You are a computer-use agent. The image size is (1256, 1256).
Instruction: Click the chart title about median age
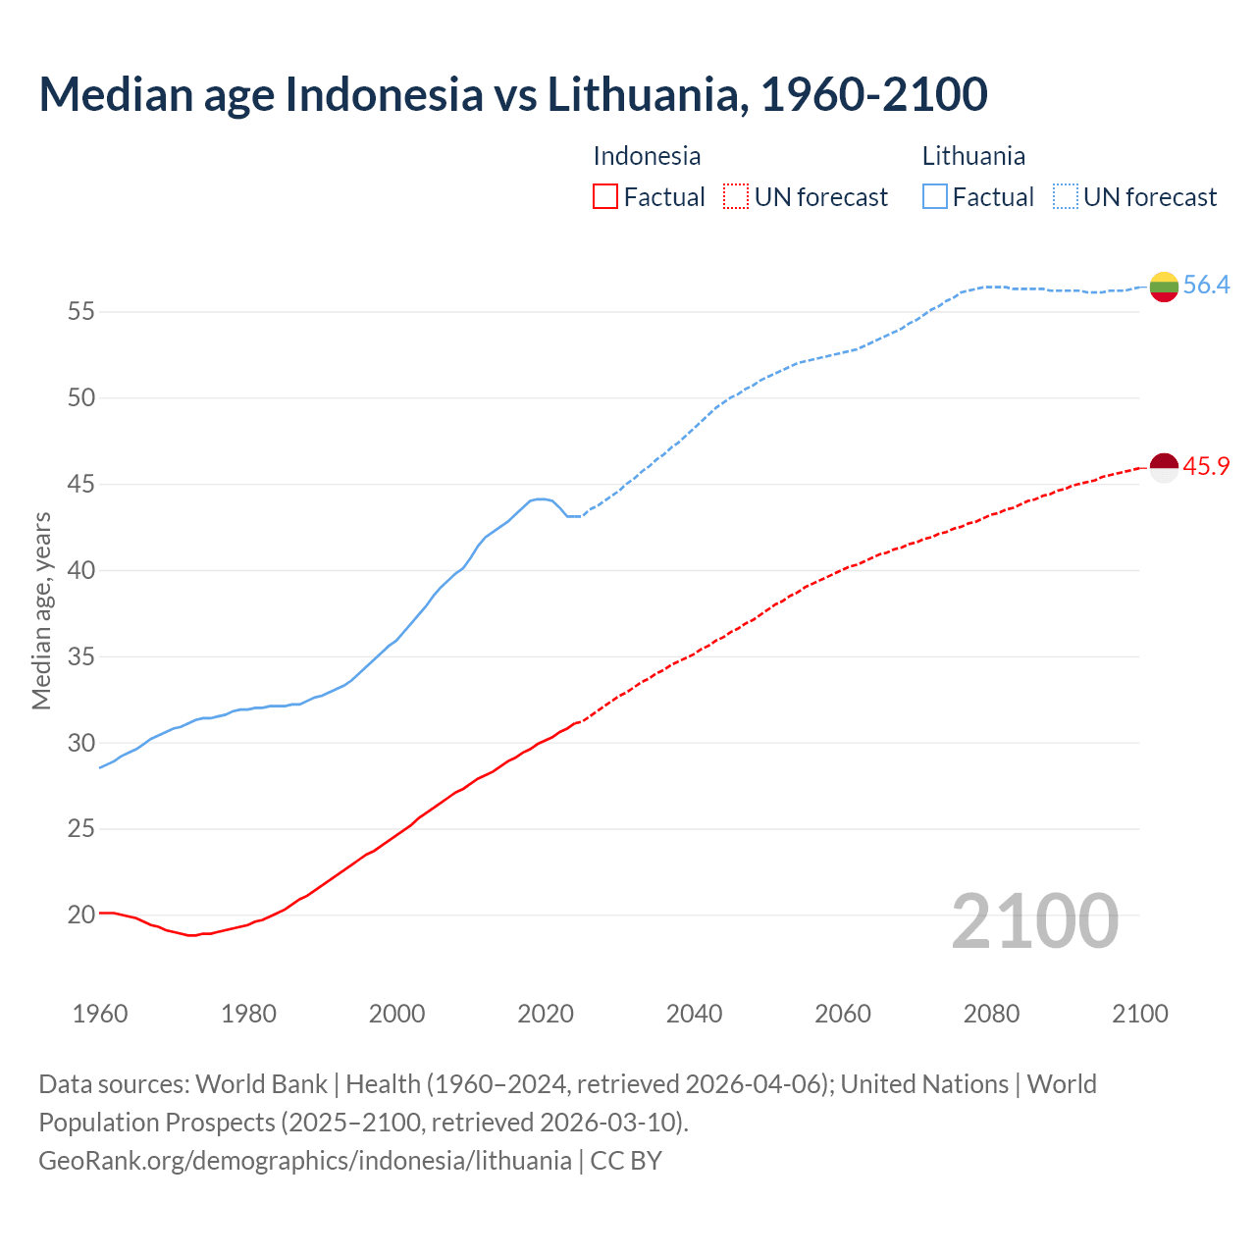tap(512, 94)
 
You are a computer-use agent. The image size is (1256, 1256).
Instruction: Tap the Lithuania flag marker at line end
tap(1164, 287)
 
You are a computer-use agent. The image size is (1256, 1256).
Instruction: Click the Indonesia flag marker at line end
tap(1164, 469)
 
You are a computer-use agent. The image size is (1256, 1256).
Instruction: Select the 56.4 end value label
tap(1206, 286)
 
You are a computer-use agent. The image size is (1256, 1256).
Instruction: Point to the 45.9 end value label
tap(1206, 467)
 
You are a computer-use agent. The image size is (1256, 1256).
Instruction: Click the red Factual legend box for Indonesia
tap(605, 197)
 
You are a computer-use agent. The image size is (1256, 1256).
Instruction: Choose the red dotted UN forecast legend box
tap(736, 197)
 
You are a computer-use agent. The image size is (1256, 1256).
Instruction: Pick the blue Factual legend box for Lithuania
tap(935, 197)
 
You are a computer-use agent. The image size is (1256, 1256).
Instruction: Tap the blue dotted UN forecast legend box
tap(1065, 197)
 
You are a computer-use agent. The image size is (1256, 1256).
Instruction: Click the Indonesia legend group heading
tap(647, 156)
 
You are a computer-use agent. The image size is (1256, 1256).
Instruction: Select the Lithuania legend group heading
tap(973, 156)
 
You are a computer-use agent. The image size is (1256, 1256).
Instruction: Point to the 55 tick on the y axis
tap(80, 312)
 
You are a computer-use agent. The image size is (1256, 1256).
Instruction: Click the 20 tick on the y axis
tap(80, 916)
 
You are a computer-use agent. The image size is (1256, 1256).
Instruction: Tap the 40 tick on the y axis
tap(80, 570)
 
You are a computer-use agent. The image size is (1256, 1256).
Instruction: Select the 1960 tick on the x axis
tap(100, 1014)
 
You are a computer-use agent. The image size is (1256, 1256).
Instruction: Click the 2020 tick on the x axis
tap(546, 1014)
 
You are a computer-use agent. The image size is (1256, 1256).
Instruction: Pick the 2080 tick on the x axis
tap(991, 1014)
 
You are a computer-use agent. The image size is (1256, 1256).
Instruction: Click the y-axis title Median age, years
tap(41, 610)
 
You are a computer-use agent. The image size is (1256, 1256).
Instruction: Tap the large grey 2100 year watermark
tap(1034, 921)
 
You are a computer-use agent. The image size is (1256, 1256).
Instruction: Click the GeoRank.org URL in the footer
tap(304, 1161)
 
